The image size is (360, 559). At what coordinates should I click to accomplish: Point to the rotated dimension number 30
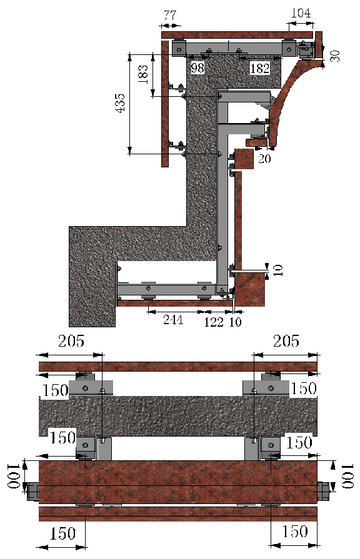coord(335,55)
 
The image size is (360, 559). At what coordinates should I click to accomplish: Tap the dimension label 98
coord(198,67)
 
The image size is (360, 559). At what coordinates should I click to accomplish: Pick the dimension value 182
coord(260,67)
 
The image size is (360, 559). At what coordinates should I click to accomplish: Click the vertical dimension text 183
coord(142,74)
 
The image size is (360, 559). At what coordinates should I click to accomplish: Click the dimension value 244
coord(172,320)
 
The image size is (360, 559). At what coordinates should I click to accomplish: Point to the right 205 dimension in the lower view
coord(286,342)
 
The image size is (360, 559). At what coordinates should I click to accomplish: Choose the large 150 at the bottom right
coord(294,532)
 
